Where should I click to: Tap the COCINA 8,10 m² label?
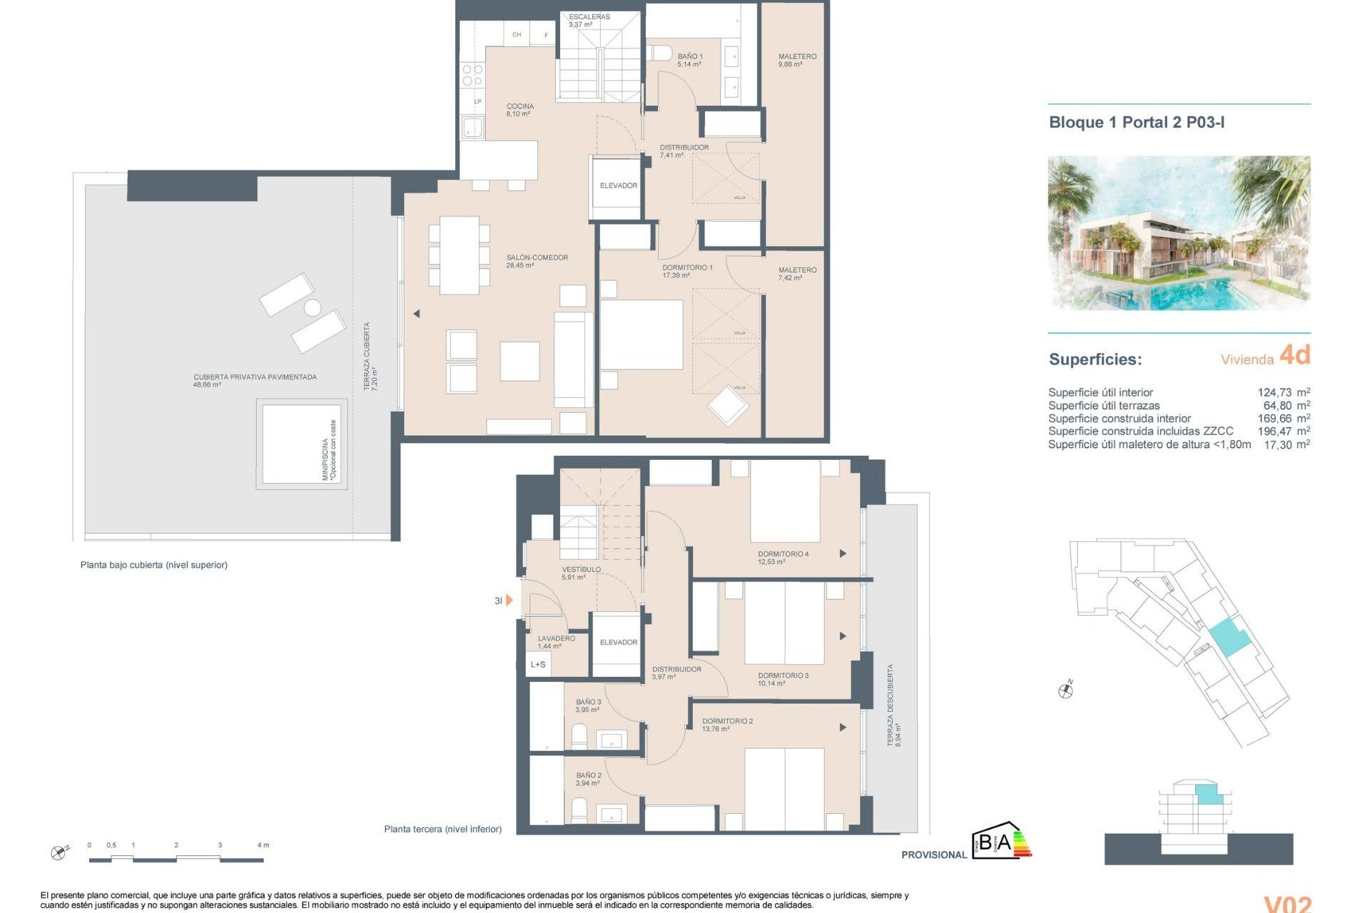[519, 110]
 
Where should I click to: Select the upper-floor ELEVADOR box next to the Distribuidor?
[618, 186]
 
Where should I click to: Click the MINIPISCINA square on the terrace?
[301, 444]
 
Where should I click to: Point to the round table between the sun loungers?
[313, 307]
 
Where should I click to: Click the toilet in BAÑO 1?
[659, 53]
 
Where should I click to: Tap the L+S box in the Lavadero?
[538, 665]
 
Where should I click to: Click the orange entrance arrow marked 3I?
[508, 601]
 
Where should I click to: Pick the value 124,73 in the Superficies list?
[1274, 392]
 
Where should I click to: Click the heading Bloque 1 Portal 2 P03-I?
[1137, 123]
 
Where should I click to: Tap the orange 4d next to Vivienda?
[1294, 355]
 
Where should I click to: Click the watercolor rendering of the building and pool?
[1179, 233]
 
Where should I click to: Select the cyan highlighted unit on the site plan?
[1229, 637]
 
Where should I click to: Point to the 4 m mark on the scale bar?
[263, 845]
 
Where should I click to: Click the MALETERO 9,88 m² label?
[797, 60]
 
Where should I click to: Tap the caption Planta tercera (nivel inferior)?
[442, 830]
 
